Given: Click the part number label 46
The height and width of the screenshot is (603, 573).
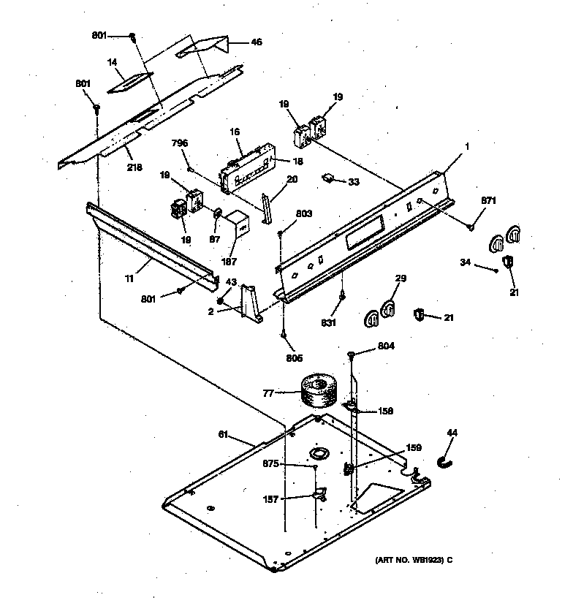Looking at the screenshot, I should pos(257,42).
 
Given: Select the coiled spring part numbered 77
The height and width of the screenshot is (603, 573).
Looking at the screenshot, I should pos(318,392).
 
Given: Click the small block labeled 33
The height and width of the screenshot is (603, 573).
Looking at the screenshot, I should pos(329,178).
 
